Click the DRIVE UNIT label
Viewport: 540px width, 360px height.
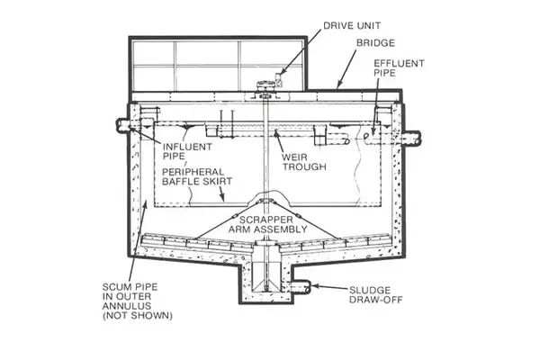[352, 25]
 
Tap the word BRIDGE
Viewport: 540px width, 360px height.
[375, 43]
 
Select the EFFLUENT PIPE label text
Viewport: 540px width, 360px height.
[399, 67]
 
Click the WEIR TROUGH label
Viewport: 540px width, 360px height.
[304, 162]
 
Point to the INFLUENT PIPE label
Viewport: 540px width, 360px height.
[187, 151]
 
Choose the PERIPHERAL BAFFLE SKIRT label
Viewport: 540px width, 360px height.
[197, 176]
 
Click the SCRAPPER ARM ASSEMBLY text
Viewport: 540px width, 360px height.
[268, 224]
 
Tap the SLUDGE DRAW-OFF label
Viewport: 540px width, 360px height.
[375, 295]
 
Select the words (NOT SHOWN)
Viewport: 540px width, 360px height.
[138, 316]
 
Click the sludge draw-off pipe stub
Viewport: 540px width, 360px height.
[300, 287]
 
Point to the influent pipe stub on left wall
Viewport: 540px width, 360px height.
[123, 125]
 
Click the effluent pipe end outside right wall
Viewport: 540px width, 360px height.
[412, 138]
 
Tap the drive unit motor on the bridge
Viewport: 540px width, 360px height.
[279, 79]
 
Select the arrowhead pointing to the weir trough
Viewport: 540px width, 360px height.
[275, 132]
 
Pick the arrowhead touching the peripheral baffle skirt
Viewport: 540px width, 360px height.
[223, 197]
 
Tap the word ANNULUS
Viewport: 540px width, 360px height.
[127, 306]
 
